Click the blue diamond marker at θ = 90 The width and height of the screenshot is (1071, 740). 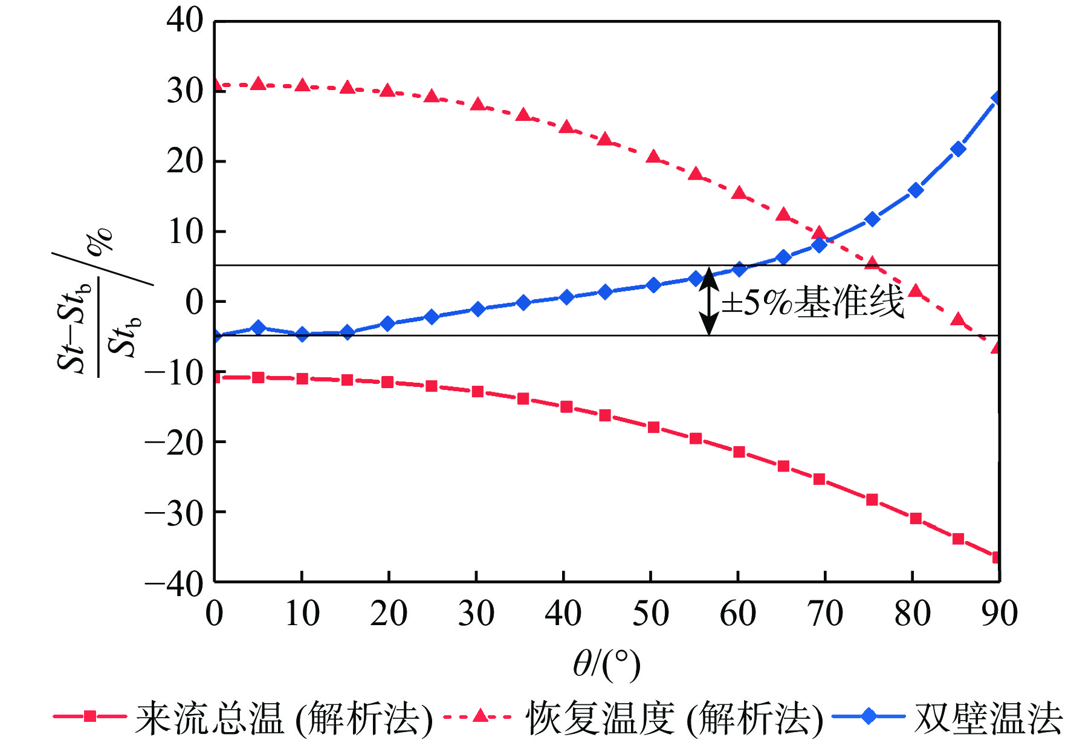pos(997,98)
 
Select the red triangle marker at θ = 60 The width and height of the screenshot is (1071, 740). pos(739,193)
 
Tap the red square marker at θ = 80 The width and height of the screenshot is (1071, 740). pos(916,518)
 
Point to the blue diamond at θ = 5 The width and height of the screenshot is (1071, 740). pos(259,328)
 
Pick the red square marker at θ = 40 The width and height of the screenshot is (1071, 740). pos(566,407)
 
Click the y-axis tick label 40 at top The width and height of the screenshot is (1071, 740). pos(185,21)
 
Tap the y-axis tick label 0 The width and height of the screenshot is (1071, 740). pos(195,302)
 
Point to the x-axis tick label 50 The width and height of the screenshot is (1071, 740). pos(650,614)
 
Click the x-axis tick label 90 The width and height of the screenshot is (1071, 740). pos(999,614)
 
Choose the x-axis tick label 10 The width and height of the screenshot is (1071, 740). pos(302,614)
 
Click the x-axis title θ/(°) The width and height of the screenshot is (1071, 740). pos(606,664)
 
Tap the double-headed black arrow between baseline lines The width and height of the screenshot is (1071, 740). pos(709,301)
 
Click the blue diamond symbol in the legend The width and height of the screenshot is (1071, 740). pos(868,717)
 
